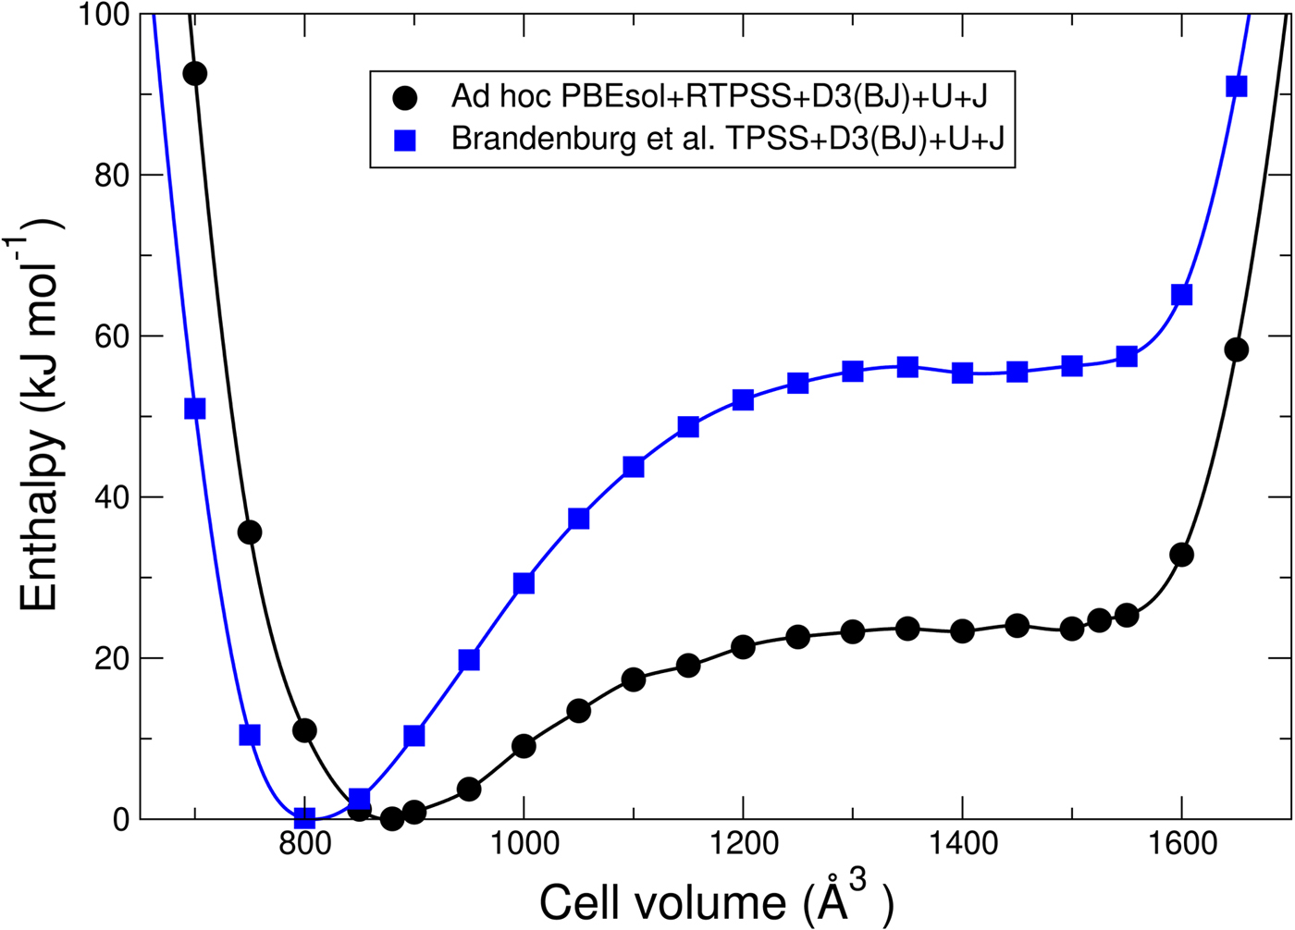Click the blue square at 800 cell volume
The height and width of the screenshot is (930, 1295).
point(304,818)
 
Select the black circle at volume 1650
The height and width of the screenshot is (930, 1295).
point(1236,349)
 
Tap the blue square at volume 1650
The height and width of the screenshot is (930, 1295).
point(1236,86)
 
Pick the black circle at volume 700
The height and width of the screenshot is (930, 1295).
point(194,74)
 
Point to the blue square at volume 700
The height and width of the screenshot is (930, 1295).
point(194,409)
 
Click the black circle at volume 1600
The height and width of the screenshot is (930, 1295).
point(1181,555)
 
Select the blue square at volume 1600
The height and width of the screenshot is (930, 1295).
point(1181,295)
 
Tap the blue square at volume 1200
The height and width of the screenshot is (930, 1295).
point(743,399)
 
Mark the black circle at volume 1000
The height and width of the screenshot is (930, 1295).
point(524,745)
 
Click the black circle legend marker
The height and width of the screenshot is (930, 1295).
point(404,97)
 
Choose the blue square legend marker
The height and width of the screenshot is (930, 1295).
point(404,141)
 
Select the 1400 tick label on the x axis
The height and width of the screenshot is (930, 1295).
point(962,844)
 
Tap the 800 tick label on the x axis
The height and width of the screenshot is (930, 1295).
point(304,844)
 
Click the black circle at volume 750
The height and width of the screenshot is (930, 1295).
point(250,532)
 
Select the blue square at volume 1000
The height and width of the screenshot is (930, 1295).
point(524,583)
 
